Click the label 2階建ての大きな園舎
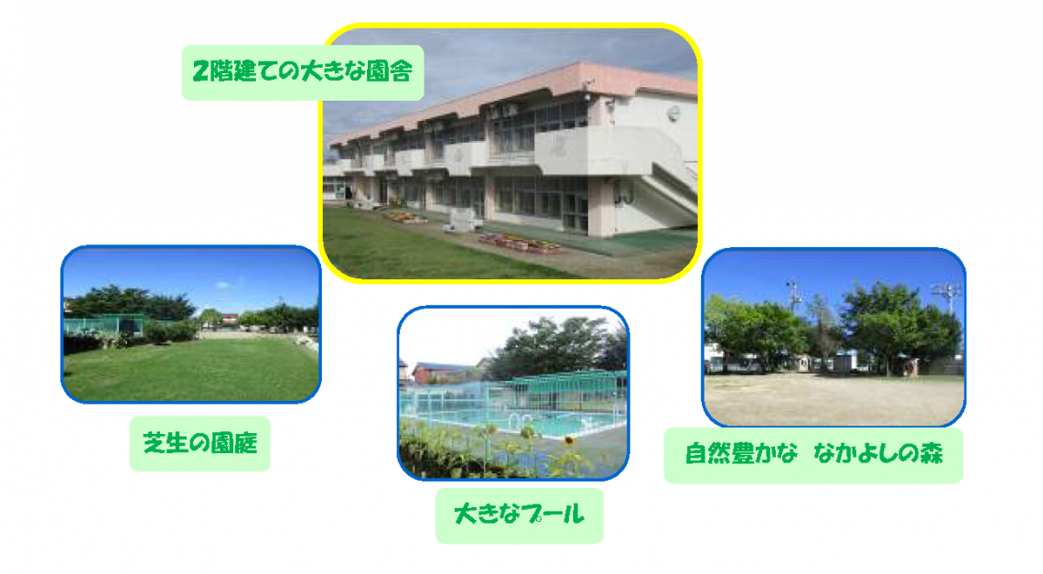(x=303, y=71)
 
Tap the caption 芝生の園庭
(x=199, y=443)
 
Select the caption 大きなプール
(x=519, y=514)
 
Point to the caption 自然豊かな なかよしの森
(x=813, y=454)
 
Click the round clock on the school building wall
(x=673, y=114)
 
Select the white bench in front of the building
(x=463, y=221)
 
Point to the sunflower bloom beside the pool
(x=569, y=440)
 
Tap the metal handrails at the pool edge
(x=521, y=420)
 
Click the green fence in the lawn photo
(x=103, y=324)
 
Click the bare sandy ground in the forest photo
(x=834, y=398)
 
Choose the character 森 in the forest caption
(x=930, y=454)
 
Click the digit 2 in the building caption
(x=200, y=71)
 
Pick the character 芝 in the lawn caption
(x=155, y=443)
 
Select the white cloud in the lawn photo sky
(x=224, y=285)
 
